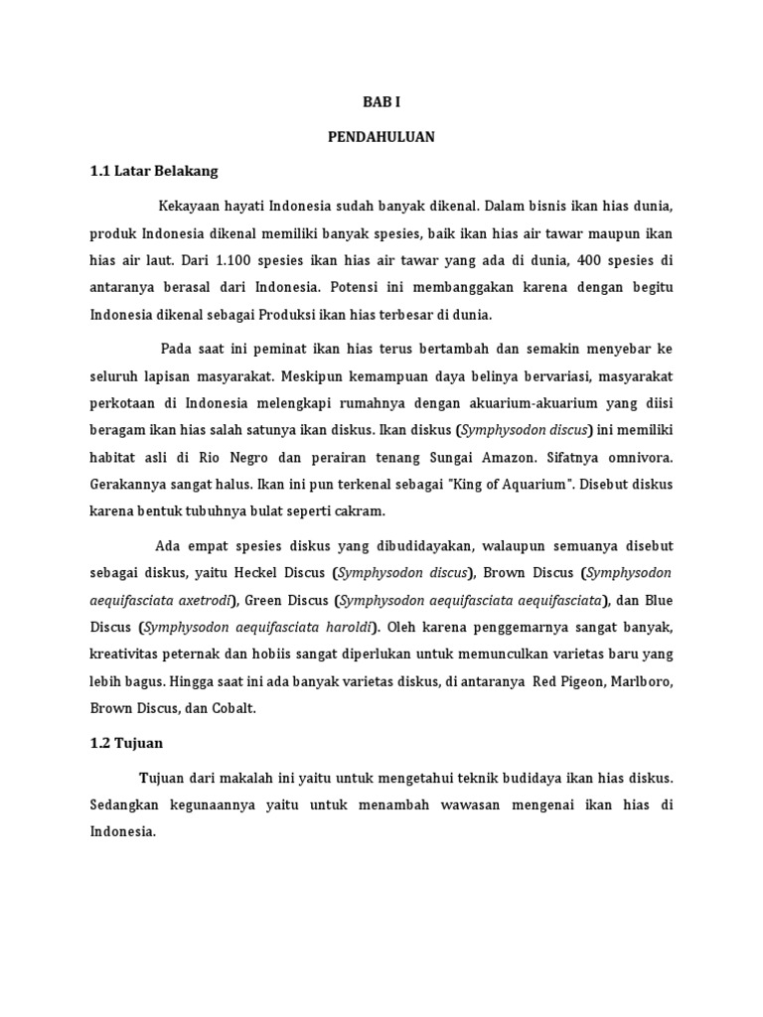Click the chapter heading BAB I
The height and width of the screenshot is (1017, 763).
[381, 102]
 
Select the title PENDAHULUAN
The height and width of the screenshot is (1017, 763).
[381, 137]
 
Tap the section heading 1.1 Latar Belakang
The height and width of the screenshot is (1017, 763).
[153, 171]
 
